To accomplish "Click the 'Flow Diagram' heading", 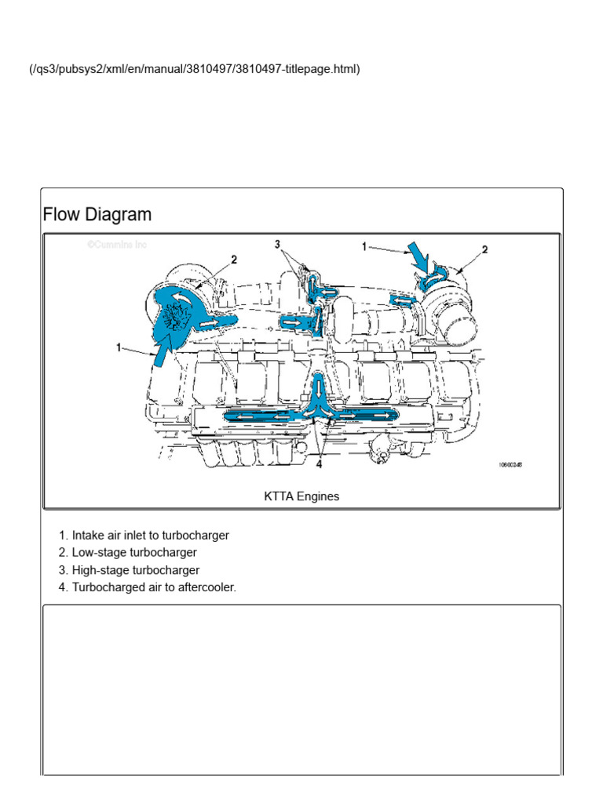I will click(97, 215).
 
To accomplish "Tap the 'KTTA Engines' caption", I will click(301, 496).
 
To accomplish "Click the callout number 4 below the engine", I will click(319, 463).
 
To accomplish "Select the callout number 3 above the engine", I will click(277, 245).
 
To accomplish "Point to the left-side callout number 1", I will click(120, 347).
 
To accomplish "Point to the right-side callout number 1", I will click(364, 245).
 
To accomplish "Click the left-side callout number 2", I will click(233, 259).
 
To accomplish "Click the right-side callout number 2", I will click(484, 249).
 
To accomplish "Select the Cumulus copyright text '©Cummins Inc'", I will click(117, 245).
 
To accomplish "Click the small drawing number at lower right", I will click(510, 464).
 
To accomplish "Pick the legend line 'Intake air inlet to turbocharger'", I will click(150, 536).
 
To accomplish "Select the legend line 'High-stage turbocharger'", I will click(135, 570).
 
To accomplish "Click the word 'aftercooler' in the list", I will click(206, 587).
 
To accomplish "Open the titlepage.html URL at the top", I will click(195, 69).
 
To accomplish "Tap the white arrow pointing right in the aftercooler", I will click(377, 412).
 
